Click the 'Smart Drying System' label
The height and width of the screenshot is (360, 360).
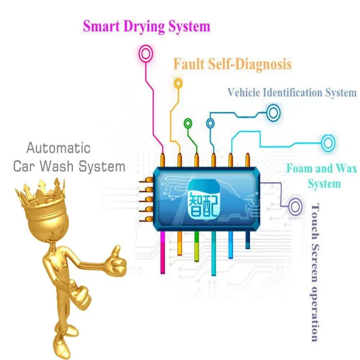pos(146,26)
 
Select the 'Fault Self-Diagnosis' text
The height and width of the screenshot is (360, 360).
pos(232,63)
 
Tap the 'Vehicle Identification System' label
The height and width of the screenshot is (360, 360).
pos(292,93)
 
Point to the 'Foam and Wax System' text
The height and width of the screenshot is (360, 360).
pos(317,176)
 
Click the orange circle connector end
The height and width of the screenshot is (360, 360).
pos(179,83)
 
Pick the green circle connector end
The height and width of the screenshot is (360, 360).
pos(188,123)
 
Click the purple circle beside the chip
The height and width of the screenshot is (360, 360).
pos(295,207)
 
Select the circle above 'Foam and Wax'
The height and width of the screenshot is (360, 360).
pos(328,142)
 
